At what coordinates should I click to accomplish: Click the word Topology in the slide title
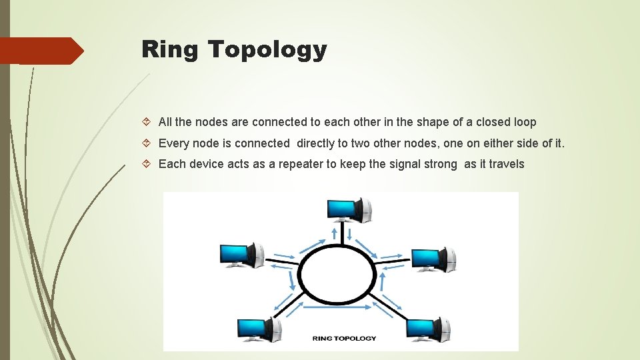click(267, 50)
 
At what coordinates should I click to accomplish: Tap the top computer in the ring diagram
click(349, 209)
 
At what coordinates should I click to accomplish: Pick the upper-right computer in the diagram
click(433, 259)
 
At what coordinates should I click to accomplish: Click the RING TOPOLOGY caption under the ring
click(344, 338)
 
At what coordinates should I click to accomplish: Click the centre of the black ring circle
click(337, 274)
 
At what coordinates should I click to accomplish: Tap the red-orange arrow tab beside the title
click(40, 51)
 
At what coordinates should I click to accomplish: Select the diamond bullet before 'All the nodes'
click(147, 123)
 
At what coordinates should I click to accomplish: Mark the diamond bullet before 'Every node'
click(147, 143)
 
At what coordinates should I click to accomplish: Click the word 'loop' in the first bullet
click(525, 122)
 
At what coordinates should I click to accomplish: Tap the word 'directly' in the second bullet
click(317, 143)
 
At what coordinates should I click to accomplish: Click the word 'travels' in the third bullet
click(506, 164)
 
